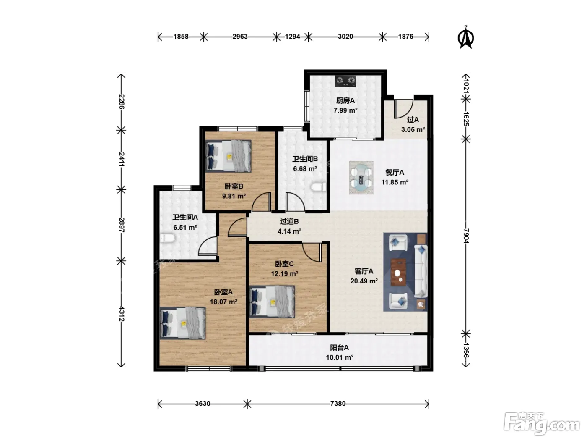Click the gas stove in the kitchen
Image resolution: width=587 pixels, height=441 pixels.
[345, 81]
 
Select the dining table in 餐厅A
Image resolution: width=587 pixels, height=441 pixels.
[361, 177]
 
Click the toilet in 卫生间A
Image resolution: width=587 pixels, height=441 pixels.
[167, 238]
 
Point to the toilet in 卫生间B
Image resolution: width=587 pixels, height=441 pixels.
[319, 187]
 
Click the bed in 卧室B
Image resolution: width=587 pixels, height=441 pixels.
[228, 156]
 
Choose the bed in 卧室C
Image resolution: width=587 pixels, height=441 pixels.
[272, 302]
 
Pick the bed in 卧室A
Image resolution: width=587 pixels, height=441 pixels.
[183, 323]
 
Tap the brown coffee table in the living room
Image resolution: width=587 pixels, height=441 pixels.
[398, 272]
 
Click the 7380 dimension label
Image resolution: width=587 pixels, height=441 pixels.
[338, 403]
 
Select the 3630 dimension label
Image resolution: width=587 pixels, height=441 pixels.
[203, 403]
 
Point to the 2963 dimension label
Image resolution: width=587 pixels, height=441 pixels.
[240, 37]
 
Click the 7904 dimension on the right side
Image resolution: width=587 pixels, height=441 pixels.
[466, 236]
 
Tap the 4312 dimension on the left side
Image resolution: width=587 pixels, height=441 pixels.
[122, 314]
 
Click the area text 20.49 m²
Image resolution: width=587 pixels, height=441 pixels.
[364, 281]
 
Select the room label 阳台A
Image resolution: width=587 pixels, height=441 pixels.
[339, 348]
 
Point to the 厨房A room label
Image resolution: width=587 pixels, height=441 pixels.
[345, 100]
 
